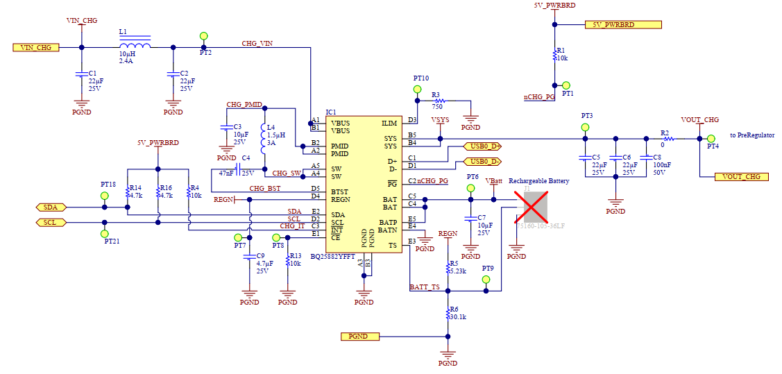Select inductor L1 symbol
coord(135,46)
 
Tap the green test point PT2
coord(204,36)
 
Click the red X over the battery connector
coord(535,207)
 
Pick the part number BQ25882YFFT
coord(333,257)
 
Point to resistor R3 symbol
coord(437,101)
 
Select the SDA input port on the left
coord(51,207)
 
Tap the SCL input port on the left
coord(51,222)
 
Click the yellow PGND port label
coord(360,337)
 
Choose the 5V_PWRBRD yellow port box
coord(623,25)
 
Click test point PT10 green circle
coord(418,90)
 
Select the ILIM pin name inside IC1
coord(389,124)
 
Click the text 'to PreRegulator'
coord(751,135)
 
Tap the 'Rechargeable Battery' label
coord(538,181)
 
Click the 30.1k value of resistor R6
coord(458,316)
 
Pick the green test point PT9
coord(486,280)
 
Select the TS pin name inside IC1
coord(393,246)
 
